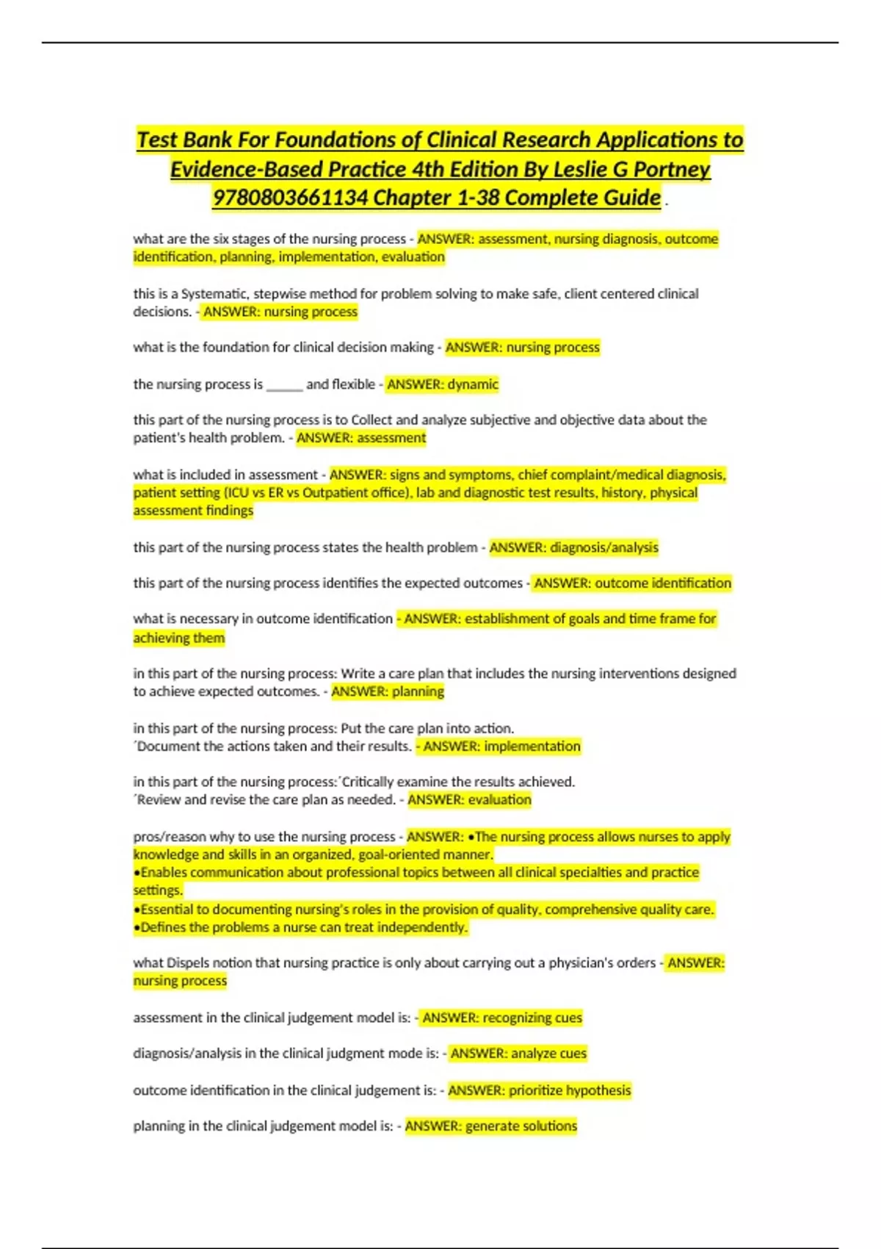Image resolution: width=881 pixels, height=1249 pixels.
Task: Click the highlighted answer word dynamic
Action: (473, 384)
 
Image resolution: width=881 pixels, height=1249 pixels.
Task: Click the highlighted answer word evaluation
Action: (500, 800)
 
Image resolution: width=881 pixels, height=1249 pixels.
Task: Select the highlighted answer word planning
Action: (417, 691)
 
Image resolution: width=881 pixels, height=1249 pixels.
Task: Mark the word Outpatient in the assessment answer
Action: (333, 493)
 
